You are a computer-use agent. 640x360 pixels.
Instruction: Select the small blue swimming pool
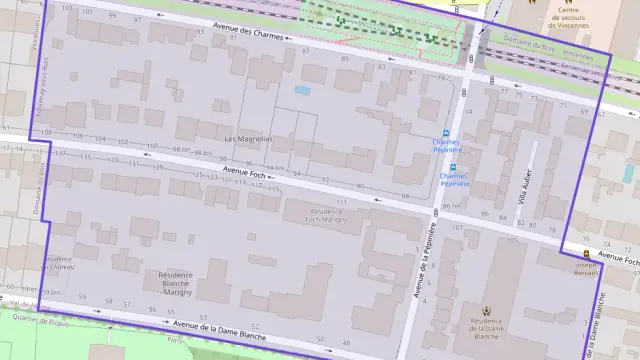click(302, 90)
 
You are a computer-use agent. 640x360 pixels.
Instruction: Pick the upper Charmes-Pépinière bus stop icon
click(446, 131)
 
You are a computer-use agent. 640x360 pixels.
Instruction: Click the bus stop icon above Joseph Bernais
click(585, 254)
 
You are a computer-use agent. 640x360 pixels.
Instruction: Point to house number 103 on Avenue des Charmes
click(66, 8)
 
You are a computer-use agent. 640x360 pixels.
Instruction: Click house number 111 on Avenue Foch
click(341, 202)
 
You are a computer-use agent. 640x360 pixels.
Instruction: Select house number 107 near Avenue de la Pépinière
click(457, 227)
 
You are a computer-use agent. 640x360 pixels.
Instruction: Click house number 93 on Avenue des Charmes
click(201, 31)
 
